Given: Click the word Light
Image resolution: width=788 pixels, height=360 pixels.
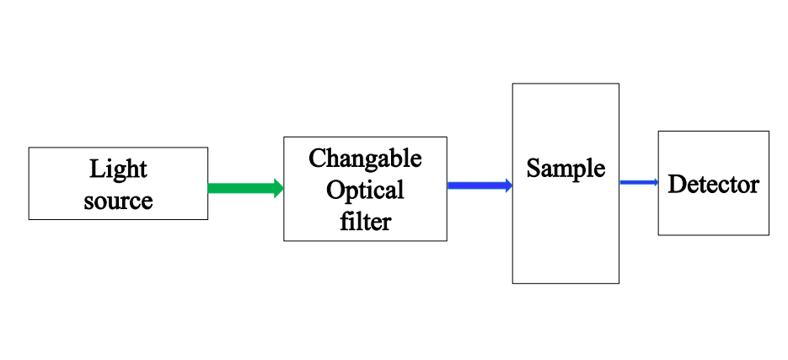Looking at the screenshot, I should coord(118,169).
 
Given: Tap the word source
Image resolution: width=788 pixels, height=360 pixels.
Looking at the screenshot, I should coord(118,201).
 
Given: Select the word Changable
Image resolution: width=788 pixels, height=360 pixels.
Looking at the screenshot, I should coord(365,159).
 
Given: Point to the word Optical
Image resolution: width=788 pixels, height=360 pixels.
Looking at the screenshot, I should coord(365,190).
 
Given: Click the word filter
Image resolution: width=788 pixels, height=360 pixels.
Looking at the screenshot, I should coord(365,221).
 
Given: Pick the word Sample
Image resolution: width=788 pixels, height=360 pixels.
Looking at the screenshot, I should coord(566,168).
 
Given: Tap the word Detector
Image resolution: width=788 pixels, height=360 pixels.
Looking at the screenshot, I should coord(713,184).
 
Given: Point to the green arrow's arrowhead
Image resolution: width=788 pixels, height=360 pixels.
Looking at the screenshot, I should coord(278,188).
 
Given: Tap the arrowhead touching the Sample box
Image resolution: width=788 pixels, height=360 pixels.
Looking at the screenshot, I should coord(508,185).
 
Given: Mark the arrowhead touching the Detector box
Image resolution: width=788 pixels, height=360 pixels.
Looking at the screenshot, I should coord(654,182).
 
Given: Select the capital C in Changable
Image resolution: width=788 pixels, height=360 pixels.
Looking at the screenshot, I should coord(317,158).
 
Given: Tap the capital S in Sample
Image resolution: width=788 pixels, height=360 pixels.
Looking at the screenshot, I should coord(533,168).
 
